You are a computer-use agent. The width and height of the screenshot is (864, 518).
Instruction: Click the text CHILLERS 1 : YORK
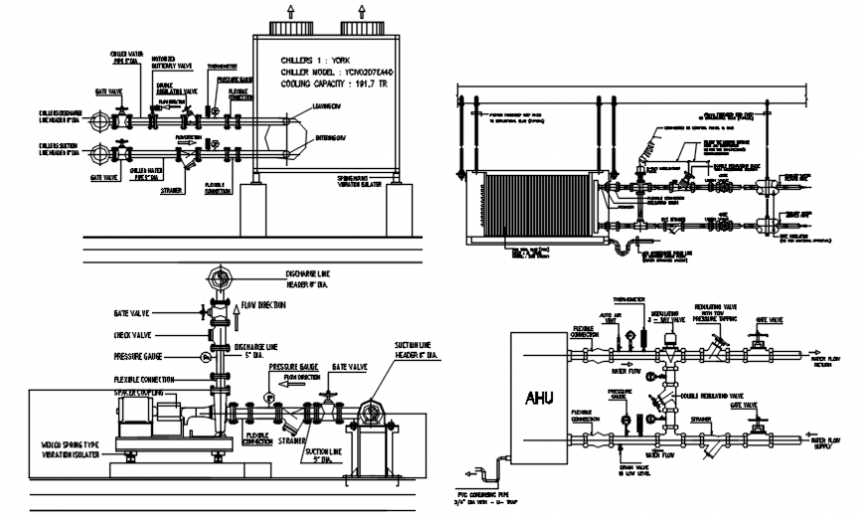pyautogui.click(x=316, y=59)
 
